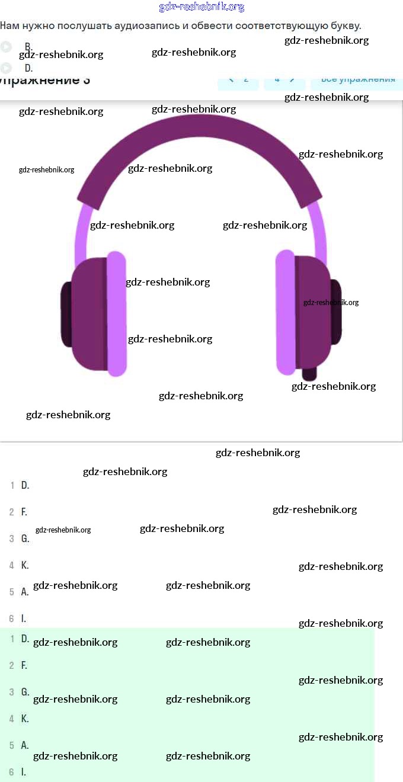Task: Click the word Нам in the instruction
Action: click(x=9, y=26)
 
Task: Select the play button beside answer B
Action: click(x=6, y=47)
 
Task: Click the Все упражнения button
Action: click(x=357, y=79)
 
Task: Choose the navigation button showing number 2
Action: click(x=239, y=79)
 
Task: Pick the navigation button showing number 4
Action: click(x=284, y=79)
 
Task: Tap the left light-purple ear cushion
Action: click(x=117, y=314)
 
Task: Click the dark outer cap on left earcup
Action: click(x=66, y=314)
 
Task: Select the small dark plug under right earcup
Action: click(x=309, y=374)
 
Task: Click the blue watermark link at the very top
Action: click(x=201, y=7)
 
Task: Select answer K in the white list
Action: click(x=25, y=565)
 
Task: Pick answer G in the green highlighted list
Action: click(x=25, y=692)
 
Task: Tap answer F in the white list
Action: click(x=24, y=512)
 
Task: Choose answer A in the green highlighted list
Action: click(x=25, y=745)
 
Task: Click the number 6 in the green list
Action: click(x=11, y=772)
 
